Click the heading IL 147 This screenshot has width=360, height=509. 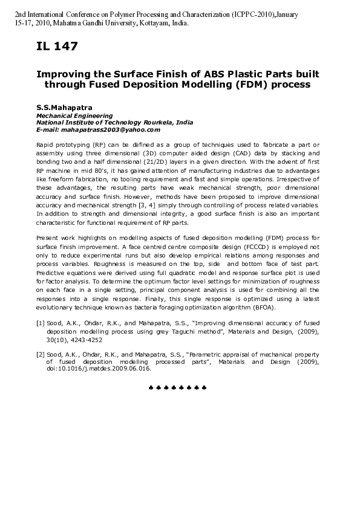(57, 46)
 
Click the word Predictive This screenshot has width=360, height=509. (53, 273)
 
